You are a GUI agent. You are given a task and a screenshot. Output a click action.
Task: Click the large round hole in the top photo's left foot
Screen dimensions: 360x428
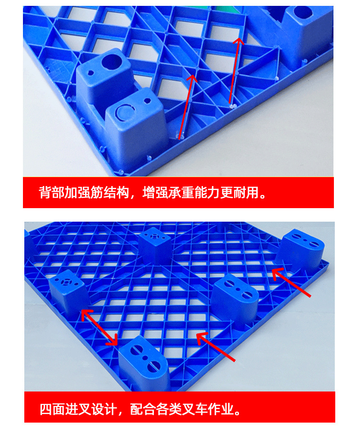[112, 62]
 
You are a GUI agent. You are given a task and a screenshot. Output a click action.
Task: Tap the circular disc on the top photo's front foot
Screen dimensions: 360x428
[125, 113]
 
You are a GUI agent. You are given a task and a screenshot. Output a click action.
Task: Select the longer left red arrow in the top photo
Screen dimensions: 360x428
[188, 106]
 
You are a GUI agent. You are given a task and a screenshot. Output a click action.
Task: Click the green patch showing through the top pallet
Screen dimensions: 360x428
[224, 9]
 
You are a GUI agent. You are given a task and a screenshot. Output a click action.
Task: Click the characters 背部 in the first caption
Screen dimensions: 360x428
[52, 193]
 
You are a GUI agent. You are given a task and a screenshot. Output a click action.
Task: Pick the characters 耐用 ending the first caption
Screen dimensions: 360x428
[245, 193]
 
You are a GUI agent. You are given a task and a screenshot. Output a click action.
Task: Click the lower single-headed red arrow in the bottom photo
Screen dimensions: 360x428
[216, 346]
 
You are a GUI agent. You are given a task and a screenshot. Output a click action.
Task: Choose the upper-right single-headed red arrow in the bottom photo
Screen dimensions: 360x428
[291, 282]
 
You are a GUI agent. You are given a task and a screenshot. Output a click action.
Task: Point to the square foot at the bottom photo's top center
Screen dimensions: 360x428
[155, 244]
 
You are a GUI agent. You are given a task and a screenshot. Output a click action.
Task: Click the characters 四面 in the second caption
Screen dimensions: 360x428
[52, 409]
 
